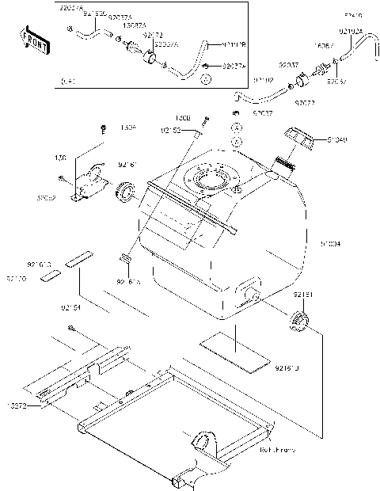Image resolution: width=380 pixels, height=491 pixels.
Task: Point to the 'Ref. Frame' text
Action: (x=277, y=449)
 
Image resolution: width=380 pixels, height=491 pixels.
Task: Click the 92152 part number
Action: (x=172, y=129)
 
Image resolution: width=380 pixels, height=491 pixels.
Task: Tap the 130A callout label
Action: (x=127, y=127)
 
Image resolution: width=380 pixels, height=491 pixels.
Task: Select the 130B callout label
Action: (x=204, y=116)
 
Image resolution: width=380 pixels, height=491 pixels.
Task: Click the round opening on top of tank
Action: (x=210, y=181)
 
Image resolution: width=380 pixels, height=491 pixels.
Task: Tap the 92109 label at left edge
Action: (x=17, y=279)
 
